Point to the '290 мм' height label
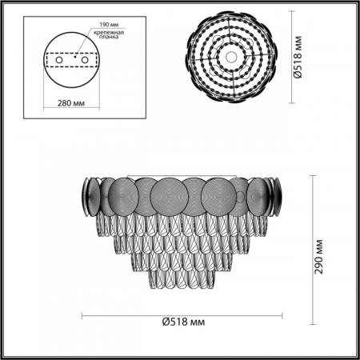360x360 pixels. (321, 257)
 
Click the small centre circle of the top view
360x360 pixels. (230, 55)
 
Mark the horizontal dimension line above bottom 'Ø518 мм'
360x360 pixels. (180, 314)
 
